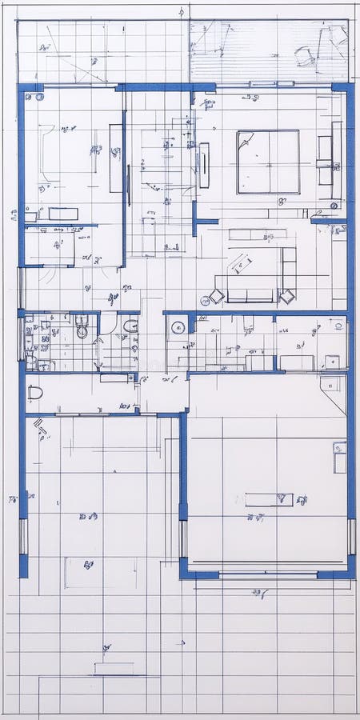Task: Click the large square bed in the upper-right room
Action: (268, 162)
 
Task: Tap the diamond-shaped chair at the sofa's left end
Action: (216, 297)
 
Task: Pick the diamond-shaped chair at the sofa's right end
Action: (286, 296)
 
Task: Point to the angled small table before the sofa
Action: (241, 263)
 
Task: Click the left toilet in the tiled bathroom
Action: (82, 329)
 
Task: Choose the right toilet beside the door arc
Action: (130, 326)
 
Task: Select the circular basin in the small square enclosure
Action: (178, 326)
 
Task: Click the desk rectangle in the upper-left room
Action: (63, 214)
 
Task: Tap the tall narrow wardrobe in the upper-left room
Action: (116, 158)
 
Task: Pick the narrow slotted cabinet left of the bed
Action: (204, 165)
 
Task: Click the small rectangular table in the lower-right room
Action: (269, 499)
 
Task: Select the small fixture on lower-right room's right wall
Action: (340, 457)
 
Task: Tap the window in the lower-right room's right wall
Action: (351, 537)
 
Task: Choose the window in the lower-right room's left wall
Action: (183, 538)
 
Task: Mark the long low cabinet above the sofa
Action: (258, 234)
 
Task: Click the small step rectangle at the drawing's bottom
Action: (113, 668)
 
